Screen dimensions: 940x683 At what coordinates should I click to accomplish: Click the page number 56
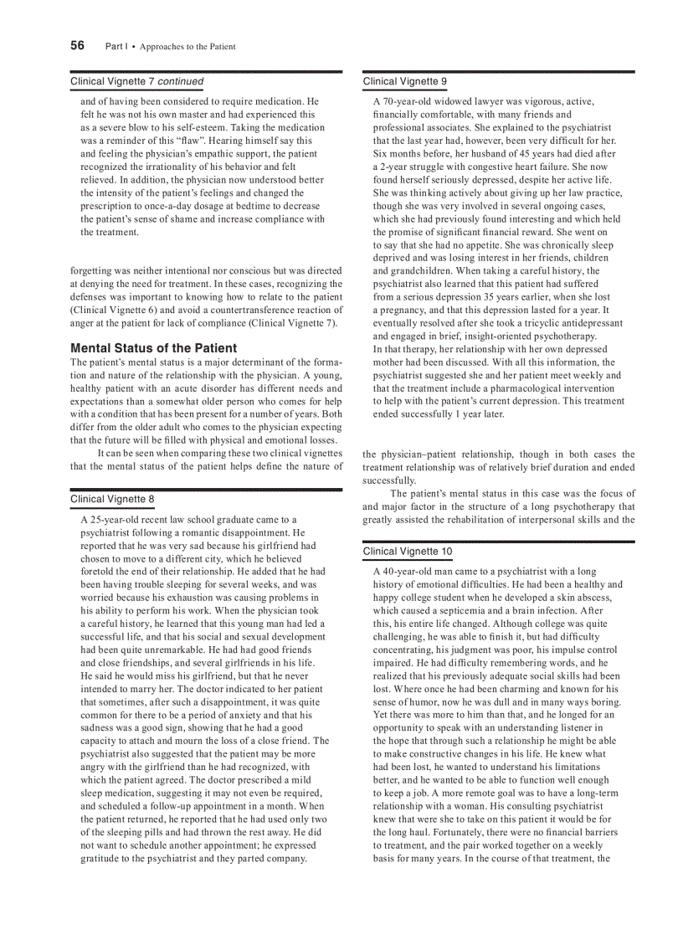coord(77,46)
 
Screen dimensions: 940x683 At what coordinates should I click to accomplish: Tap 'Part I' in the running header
coord(116,47)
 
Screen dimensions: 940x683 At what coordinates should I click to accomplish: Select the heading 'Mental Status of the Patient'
coord(153,348)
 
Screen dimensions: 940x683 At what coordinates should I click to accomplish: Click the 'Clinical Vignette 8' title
coord(112,500)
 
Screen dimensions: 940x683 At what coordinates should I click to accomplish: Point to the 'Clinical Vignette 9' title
coord(404,81)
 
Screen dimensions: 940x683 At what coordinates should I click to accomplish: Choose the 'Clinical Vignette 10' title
coord(407,552)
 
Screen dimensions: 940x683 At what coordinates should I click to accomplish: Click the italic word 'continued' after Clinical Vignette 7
coord(181,81)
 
